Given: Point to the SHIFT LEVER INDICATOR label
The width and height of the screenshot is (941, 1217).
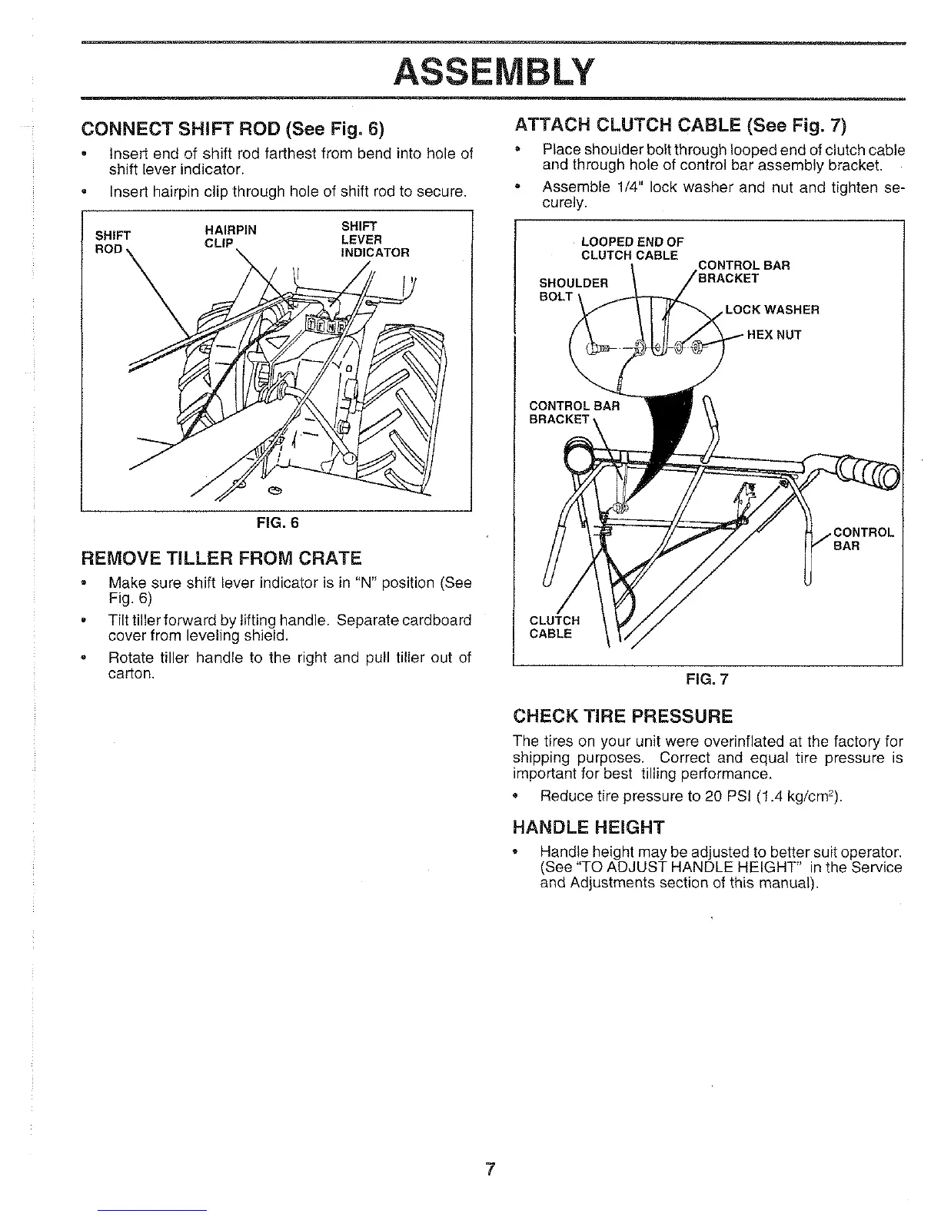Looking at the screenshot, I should coord(375,239).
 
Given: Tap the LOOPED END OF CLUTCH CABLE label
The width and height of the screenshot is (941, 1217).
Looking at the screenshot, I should coord(631,248).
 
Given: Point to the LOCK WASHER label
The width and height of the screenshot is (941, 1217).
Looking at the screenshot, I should coord(772,310).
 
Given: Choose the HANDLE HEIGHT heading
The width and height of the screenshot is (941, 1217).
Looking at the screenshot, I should coord(588,827).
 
